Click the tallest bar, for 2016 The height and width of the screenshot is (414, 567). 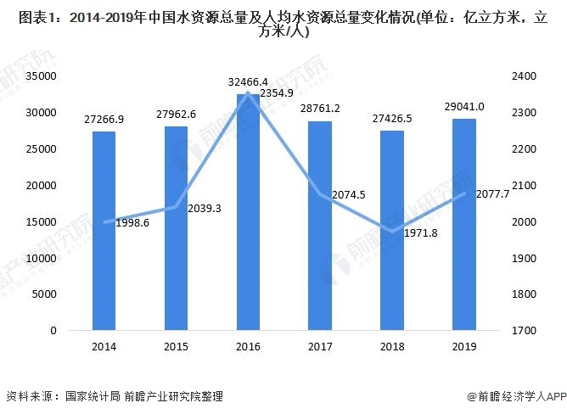click(247, 212)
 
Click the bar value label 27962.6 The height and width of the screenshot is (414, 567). click(176, 115)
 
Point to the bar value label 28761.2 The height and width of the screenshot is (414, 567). click(320, 109)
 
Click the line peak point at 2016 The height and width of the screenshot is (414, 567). click(247, 92)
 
